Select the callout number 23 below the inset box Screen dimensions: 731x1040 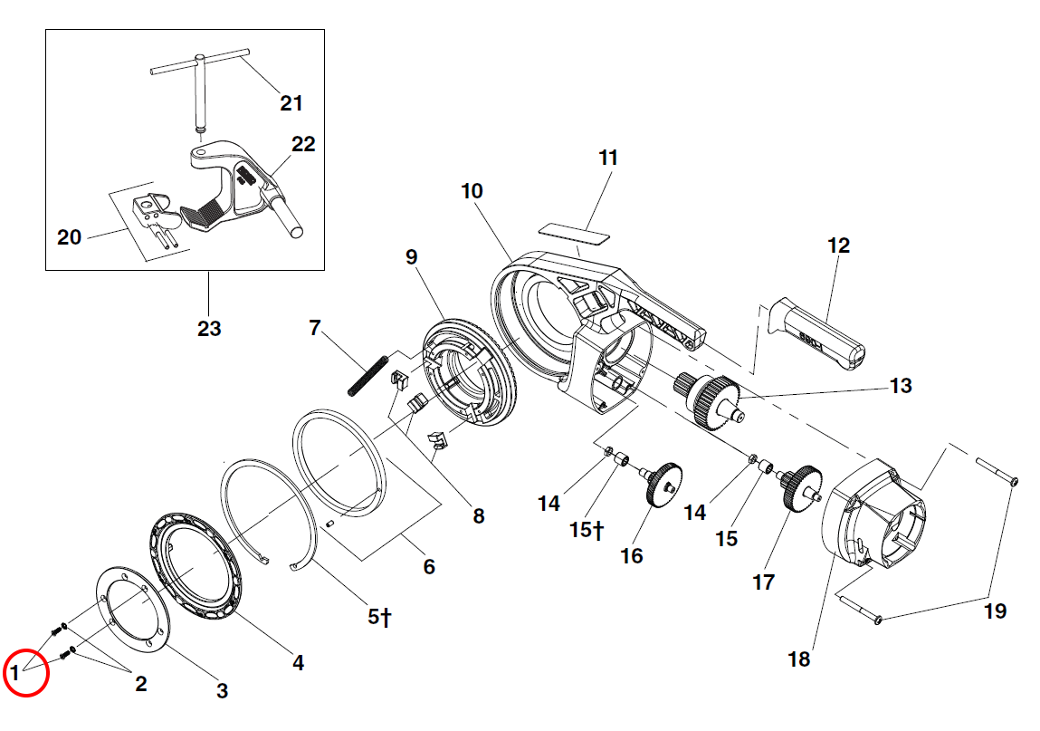[209, 328]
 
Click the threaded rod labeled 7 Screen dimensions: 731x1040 [367, 372]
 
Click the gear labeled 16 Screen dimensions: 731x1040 [663, 484]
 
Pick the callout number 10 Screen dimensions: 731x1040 [472, 191]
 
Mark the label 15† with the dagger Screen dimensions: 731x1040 [587, 530]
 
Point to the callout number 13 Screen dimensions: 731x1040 [901, 386]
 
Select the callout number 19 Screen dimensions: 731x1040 [994, 611]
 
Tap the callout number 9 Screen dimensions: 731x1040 [412, 257]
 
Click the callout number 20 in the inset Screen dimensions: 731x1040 [69, 237]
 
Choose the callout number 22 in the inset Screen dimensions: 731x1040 [302, 144]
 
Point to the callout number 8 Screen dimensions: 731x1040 [478, 516]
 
